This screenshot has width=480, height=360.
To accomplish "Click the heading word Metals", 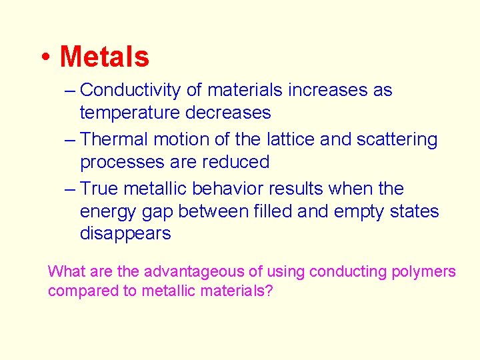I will (105, 57).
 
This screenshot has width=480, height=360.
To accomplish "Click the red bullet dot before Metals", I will (44, 58).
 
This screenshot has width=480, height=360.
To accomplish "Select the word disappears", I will (125, 234).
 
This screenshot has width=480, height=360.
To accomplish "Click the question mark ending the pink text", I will (269, 291).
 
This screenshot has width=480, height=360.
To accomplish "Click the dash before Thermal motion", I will (71, 139).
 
